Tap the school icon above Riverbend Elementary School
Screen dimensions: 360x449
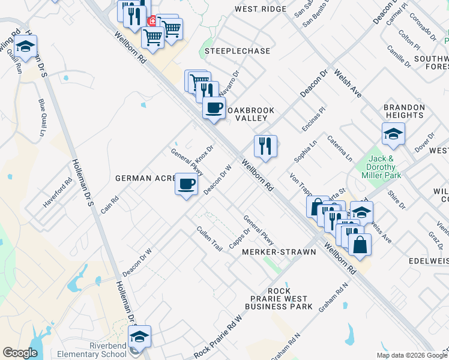pyautogui.click(x=140, y=337)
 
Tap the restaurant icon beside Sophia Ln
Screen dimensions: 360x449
pyautogui.click(x=265, y=146)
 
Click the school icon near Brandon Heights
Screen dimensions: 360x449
pyautogui.click(x=393, y=134)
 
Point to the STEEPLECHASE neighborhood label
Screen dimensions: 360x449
pyautogui.click(x=238, y=51)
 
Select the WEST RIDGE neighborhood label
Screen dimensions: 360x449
pyautogui.click(x=261, y=9)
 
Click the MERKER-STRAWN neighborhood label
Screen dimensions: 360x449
pyautogui.click(x=279, y=252)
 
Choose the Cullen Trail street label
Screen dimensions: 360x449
pyautogui.click(x=209, y=238)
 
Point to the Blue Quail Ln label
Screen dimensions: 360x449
pyautogui.click(x=43, y=117)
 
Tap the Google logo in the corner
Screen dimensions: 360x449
pyautogui.click(x=20, y=353)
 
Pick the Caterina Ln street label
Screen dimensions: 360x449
pyautogui.click(x=339, y=148)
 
